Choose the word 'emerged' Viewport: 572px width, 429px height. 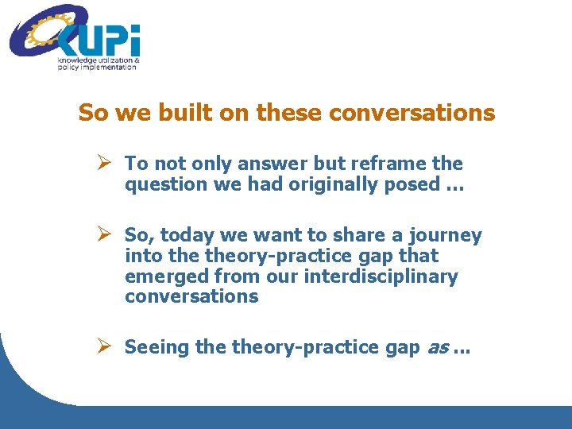tap(161, 276)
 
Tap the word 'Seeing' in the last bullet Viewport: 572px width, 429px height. tap(154, 347)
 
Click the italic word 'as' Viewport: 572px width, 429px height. tap(438, 348)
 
